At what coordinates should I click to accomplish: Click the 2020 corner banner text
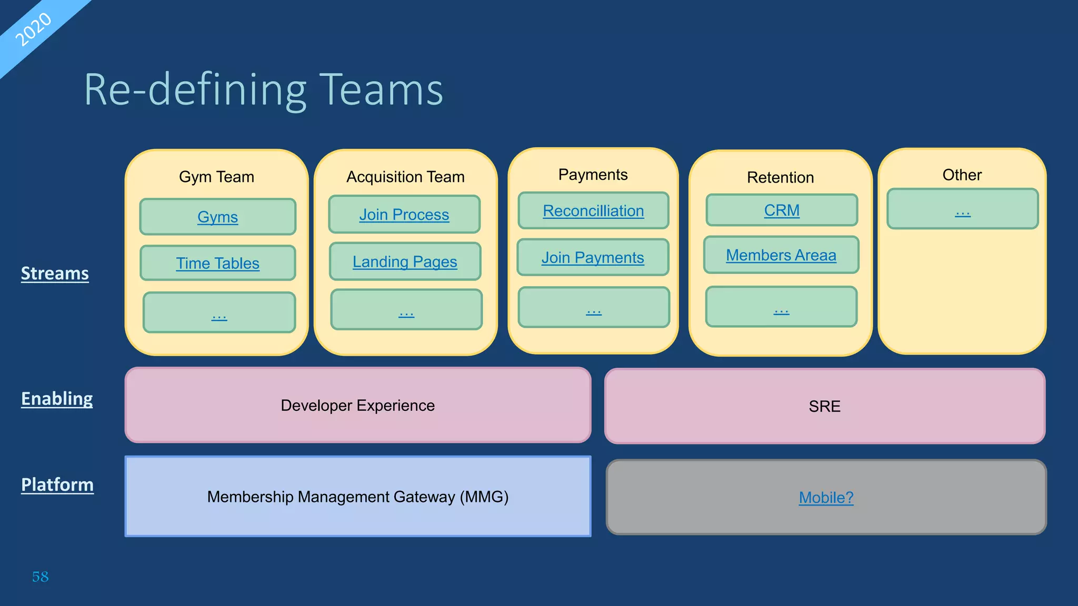click(33, 29)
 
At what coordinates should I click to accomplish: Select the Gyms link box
click(217, 217)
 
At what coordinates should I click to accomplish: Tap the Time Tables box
click(217, 263)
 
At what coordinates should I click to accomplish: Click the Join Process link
click(404, 215)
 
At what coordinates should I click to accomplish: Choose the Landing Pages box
click(404, 261)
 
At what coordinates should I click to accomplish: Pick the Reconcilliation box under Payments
click(593, 210)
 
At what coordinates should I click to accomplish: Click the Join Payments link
click(593, 257)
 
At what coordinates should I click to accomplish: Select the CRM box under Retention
click(782, 210)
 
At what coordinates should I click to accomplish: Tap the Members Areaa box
click(781, 255)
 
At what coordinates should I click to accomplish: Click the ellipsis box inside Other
click(962, 209)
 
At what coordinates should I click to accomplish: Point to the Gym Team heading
click(216, 177)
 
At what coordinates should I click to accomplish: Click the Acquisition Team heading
click(405, 177)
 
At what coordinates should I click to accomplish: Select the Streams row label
click(55, 274)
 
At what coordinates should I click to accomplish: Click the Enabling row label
click(57, 399)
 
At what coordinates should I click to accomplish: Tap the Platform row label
click(57, 484)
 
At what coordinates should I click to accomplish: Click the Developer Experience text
click(357, 406)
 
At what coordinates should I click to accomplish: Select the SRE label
click(824, 407)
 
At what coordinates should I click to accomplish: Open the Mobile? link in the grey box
click(826, 498)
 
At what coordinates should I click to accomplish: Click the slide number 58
click(40, 577)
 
